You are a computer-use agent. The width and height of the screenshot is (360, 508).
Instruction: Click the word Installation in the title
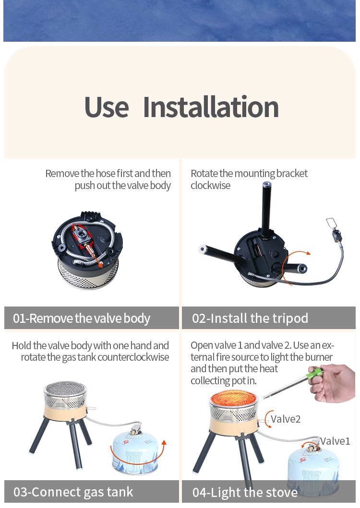pyautogui.click(x=211, y=107)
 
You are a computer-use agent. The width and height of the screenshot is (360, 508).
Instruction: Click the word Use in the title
pyautogui.click(x=107, y=107)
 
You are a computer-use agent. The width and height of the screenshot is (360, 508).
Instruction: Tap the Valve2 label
pyautogui.click(x=286, y=419)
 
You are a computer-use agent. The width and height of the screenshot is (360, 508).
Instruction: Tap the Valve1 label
pyautogui.click(x=336, y=441)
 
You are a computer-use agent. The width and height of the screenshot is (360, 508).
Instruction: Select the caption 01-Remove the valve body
pyautogui.click(x=82, y=318)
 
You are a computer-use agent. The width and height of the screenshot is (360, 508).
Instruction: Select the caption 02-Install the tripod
pyautogui.click(x=250, y=318)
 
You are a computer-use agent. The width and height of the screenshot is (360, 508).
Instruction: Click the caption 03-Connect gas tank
pyautogui.click(x=73, y=492)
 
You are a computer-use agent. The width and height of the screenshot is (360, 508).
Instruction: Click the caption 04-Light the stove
pyautogui.click(x=245, y=492)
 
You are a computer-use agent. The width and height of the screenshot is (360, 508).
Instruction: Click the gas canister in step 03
pyautogui.click(x=135, y=451)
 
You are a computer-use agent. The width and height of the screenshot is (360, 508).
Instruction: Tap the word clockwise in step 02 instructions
pyautogui.click(x=211, y=185)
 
